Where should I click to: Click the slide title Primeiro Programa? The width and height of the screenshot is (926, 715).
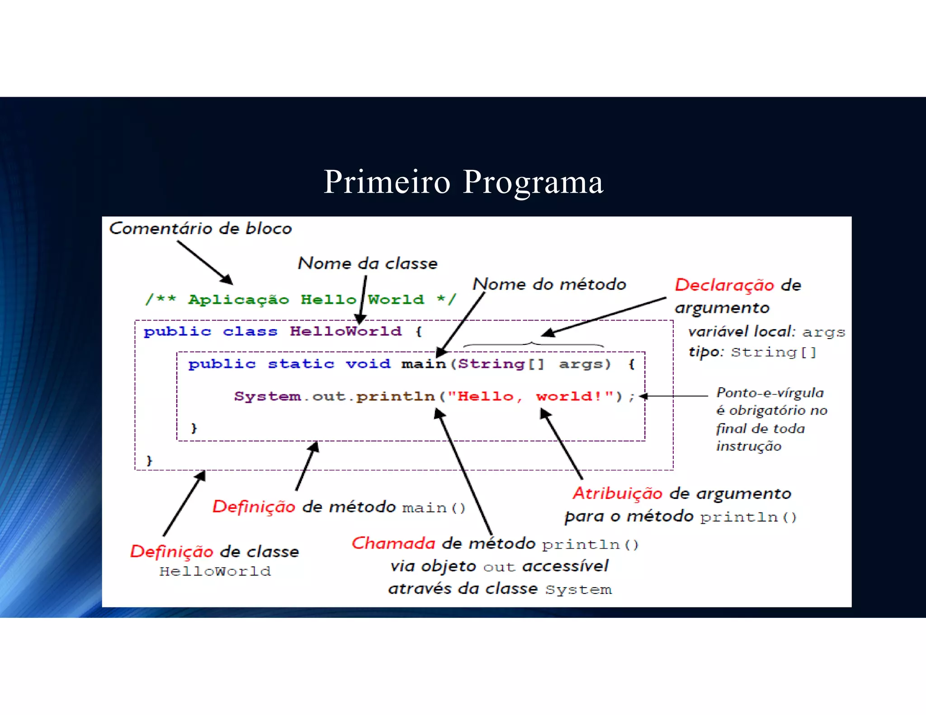pos(463,182)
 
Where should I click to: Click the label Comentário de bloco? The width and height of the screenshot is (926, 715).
pos(200,229)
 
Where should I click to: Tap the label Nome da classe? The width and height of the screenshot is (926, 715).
pos(368,263)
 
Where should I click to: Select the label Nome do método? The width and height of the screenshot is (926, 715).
pos(549,284)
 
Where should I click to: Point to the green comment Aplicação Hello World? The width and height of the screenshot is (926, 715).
pos(300,300)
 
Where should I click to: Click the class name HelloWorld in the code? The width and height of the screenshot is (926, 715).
pos(345,331)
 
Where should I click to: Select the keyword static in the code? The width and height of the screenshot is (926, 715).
pos(301,364)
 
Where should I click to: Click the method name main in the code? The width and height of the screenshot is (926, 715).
pos(423,364)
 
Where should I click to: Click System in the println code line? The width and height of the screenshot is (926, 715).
pos(267,396)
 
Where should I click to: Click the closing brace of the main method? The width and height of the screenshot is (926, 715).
pos(194,428)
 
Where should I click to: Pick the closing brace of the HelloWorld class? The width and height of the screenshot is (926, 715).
pos(150,460)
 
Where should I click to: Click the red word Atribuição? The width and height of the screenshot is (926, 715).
pos(617,494)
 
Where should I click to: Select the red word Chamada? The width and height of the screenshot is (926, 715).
pos(393,543)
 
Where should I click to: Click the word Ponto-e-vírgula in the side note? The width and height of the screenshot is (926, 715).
pos(770,393)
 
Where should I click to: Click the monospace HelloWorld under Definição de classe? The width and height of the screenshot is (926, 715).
pos(215,571)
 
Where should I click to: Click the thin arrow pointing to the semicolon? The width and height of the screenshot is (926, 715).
pos(674,396)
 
